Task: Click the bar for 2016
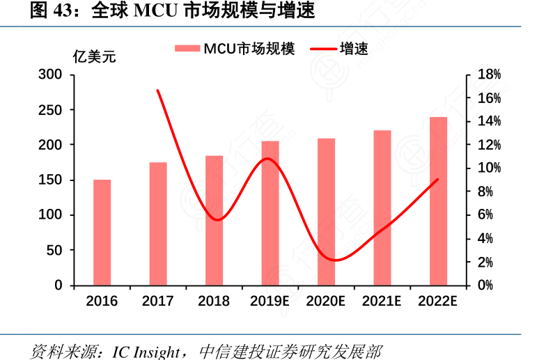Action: pyautogui.click(x=102, y=233)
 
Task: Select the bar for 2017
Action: pyautogui.click(x=158, y=224)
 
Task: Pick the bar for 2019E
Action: pyautogui.click(x=270, y=213)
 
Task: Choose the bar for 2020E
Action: pyautogui.click(x=326, y=212)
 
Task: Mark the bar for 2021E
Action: pyautogui.click(x=382, y=208)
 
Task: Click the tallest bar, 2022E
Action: pyautogui.click(x=438, y=201)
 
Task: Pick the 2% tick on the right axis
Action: pyautogui.click(x=485, y=262)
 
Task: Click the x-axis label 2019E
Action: pyautogui.click(x=270, y=302)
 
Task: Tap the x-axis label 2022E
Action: pyautogui.click(x=438, y=302)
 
